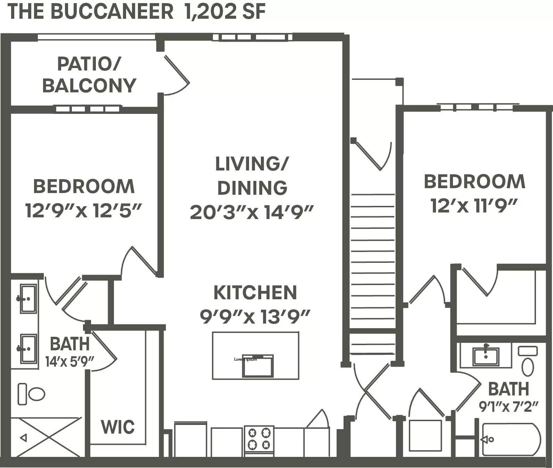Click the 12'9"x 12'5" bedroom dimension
click(x=83, y=210)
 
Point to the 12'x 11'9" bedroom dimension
click(x=474, y=206)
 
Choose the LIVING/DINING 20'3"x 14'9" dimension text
click(x=252, y=212)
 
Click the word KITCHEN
click(x=255, y=293)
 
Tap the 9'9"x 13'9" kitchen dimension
click(x=255, y=316)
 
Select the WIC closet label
click(x=118, y=427)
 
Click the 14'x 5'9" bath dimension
click(x=70, y=362)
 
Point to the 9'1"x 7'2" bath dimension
click(x=509, y=406)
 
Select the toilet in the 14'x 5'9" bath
click(x=32, y=394)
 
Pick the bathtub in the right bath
click(x=510, y=440)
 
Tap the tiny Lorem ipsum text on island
click(x=245, y=359)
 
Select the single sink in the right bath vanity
click(x=486, y=356)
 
